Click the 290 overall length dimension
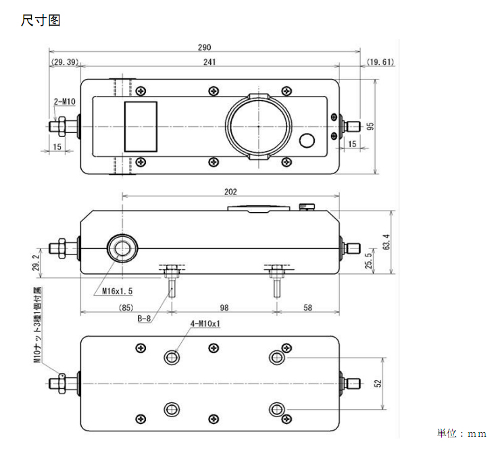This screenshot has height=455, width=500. click(205, 47)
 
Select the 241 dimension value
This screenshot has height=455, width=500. click(209, 62)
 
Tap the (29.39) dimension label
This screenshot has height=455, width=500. click(65, 62)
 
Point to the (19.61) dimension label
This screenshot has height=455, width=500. click(380, 62)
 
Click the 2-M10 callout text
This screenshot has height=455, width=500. click(65, 102)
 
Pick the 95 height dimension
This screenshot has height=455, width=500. click(370, 126)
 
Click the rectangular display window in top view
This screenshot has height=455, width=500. click(141, 126)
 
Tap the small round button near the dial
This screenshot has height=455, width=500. click(307, 140)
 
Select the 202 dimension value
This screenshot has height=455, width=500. click(230, 192)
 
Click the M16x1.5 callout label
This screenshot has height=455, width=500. click(117, 291)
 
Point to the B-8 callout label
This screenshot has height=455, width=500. click(144, 319)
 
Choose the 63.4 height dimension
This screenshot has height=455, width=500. click(386, 242)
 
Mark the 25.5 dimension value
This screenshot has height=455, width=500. click(368, 261)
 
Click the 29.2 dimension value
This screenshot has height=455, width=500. click(36, 263)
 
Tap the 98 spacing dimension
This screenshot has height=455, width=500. click(224, 308)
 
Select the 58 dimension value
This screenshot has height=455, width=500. click(307, 308)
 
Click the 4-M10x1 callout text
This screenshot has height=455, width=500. click(205, 324)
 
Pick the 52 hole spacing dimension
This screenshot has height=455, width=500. click(378, 383)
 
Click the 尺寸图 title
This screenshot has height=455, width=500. click(41, 20)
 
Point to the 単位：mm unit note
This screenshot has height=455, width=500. click(461, 433)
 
